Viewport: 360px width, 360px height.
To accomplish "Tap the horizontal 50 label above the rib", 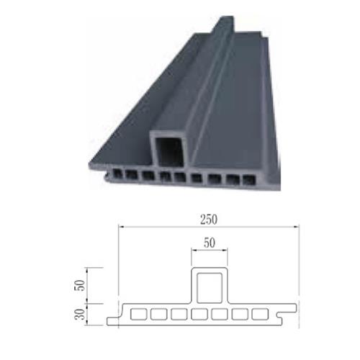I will pyautogui.click(x=210, y=243).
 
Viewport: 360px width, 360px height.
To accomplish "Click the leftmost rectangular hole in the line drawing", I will pyautogui.click(x=139, y=315).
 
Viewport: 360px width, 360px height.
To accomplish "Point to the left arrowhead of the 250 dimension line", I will pyautogui.click(x=120, y=226).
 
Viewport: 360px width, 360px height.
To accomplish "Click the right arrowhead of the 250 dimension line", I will pyautogui.click(x=298, y=226).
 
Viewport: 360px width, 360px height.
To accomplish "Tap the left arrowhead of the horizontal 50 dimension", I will pyautogui.click(x=193, y=251).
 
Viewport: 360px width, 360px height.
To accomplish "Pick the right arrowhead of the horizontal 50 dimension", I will pyautogui.click(x=226, y=251).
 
